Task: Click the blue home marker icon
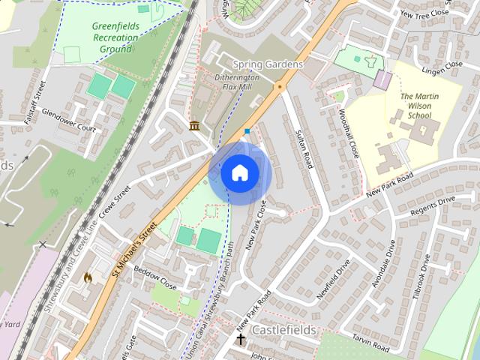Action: (240, 173)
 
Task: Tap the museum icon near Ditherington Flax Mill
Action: (195, 125)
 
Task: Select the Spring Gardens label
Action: (268, 64)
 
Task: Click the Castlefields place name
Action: (284, 330)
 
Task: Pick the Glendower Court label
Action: (70, 123)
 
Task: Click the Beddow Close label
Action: (155, 277)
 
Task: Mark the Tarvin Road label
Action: (369, 343)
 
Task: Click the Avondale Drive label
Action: (382, 264)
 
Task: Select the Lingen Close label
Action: (442, 69)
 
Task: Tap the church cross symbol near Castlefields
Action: (241, 340)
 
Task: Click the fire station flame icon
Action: (88, 277)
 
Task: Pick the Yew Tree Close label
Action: (424, 13)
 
